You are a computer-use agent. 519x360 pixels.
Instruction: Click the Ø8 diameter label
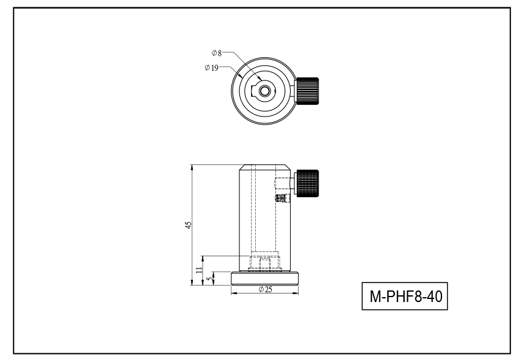pos(217,53)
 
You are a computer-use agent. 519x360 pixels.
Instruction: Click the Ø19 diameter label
pos(211,68)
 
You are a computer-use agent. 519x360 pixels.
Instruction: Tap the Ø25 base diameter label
pos(265,289)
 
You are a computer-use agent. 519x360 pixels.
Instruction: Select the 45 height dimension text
pos(188,225)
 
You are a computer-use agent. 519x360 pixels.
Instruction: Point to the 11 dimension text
pos(198,270)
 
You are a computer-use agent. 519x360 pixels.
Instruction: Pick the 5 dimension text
pos(209,279)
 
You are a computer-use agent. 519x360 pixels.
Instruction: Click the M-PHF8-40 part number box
pos(405,296)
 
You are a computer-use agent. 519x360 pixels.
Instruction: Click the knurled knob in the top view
pos(308,92)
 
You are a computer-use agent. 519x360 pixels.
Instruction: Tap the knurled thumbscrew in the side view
pos(308,183)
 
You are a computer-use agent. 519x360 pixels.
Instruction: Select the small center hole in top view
pos(264,91)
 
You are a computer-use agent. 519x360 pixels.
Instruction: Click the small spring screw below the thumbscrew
pos(282,198)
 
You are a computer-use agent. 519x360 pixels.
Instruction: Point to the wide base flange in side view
pos(265,278)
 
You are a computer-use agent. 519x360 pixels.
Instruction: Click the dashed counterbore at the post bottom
pos(264,261)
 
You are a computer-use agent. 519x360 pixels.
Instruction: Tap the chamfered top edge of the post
pos(265,167)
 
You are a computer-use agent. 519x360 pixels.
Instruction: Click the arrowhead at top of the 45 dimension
pos(192,167)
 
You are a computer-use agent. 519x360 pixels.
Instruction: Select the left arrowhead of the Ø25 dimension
pos(234,293)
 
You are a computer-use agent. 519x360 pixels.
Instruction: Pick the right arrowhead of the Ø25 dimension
pos(296,293)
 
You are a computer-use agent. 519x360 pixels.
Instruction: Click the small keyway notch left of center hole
pos(255,90)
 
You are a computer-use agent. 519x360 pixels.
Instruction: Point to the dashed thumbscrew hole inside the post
pos(281,183)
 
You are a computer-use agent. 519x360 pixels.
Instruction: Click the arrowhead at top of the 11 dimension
pos(203,259)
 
